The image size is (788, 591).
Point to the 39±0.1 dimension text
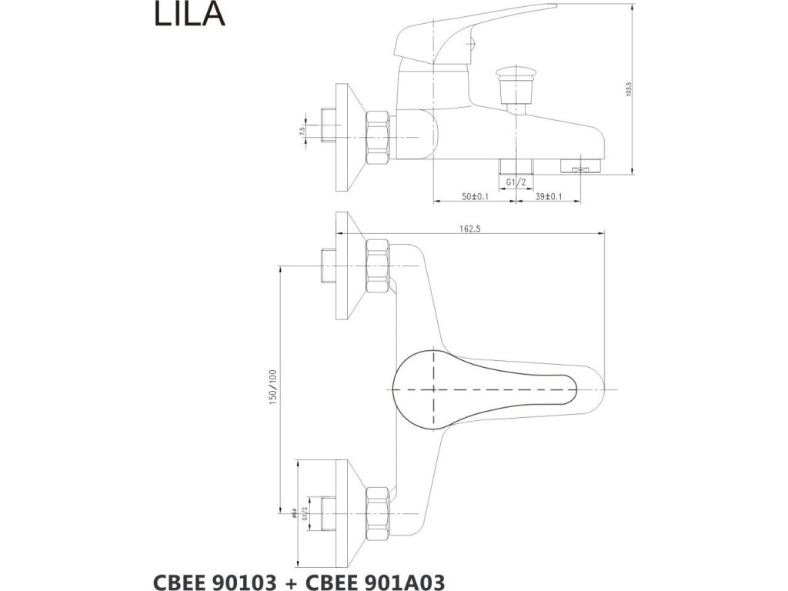pos(549,197)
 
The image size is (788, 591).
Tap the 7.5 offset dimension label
pos(302,132)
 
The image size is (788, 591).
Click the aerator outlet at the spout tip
pos(583,164)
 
